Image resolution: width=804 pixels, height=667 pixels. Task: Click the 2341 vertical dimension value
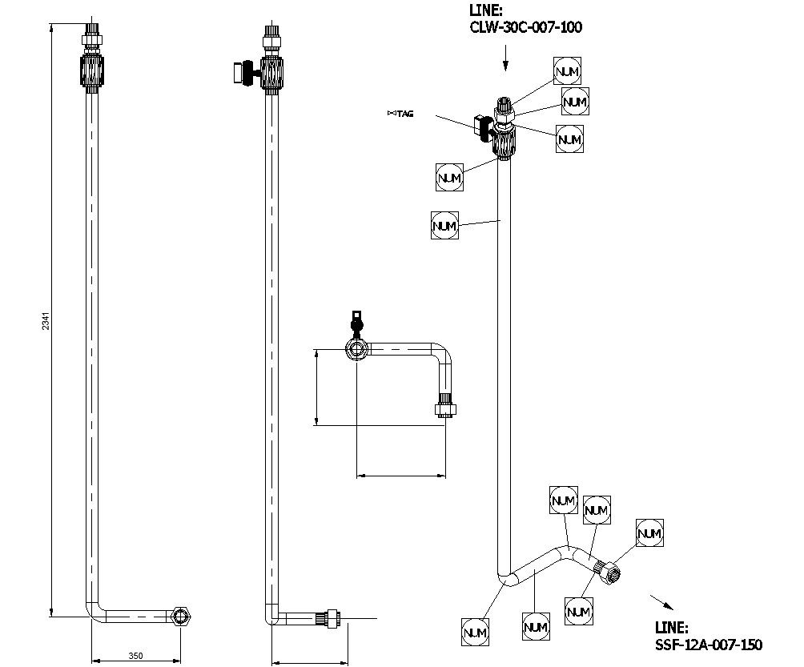46,320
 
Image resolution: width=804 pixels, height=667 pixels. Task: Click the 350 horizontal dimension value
136,656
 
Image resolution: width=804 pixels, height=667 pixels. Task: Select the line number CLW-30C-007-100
525,27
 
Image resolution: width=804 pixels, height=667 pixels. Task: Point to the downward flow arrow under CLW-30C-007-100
505,58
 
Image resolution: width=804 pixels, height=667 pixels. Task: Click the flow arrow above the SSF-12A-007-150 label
661,601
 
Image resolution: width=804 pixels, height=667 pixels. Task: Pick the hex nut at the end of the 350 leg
183,617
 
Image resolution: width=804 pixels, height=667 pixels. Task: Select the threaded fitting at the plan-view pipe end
445,408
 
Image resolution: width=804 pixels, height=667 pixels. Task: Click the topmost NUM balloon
566,71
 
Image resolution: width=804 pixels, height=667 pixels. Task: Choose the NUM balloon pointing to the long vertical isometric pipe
444,226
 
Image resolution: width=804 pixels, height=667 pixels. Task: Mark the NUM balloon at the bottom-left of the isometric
475,633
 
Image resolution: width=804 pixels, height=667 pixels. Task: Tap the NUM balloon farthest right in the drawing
649,533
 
